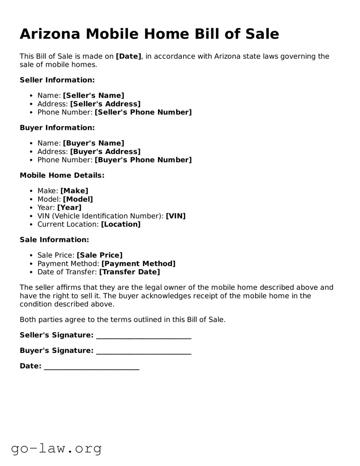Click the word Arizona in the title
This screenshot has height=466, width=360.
point(50,34)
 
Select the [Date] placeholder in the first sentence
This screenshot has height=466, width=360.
point(128,56)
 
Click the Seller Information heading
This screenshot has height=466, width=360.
point(57,80)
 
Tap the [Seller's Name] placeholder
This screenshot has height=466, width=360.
point(94,96)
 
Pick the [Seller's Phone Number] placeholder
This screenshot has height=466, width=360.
point(143,112)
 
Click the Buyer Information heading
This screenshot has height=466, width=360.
point(57,128)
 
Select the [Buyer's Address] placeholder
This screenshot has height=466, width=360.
point(105,152)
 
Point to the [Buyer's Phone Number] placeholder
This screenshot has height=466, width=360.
point(143,160)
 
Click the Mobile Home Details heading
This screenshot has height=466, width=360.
point(62,175)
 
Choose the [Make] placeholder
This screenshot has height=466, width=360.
point(74,191)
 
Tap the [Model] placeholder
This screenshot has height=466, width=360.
point(78,199)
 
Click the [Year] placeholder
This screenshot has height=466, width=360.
point(69,208)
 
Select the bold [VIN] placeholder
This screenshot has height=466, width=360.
point(176,216)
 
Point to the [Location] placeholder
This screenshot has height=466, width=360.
point(121,224)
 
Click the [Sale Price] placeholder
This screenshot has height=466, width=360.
point(99,255)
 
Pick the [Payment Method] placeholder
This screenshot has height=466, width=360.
point(138,264)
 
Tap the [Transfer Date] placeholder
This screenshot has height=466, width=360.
point(129,272)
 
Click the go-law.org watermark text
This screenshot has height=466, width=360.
point(56,448)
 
